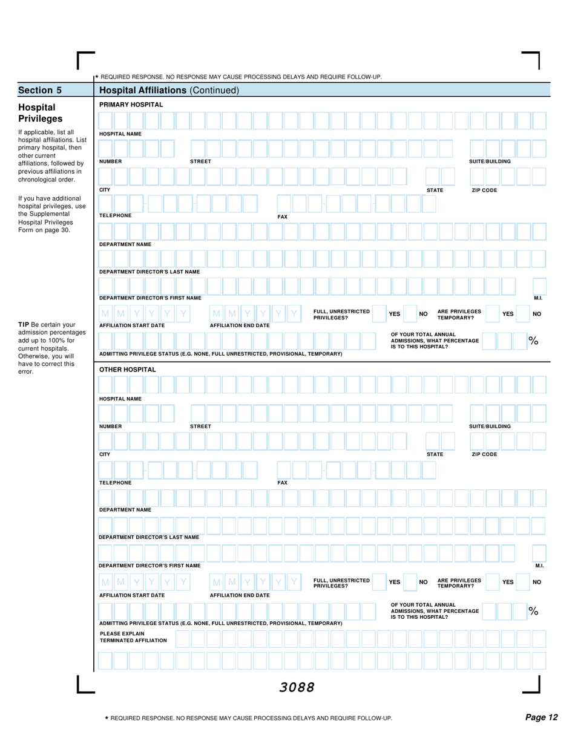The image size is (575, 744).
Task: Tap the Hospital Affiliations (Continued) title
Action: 169,91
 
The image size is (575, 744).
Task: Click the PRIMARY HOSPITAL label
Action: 123,105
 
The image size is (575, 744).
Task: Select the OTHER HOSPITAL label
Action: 119,370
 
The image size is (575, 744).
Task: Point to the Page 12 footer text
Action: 541,717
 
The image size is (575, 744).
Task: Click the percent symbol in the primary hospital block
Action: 533,341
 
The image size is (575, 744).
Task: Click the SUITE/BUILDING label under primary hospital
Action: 490,162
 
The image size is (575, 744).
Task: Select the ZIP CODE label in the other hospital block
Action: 484,454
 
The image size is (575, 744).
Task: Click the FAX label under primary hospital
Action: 282,216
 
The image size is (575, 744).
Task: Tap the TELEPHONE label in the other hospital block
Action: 115,483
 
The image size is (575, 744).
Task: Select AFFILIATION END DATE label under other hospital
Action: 240,595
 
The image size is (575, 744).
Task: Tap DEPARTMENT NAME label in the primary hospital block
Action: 125,244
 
